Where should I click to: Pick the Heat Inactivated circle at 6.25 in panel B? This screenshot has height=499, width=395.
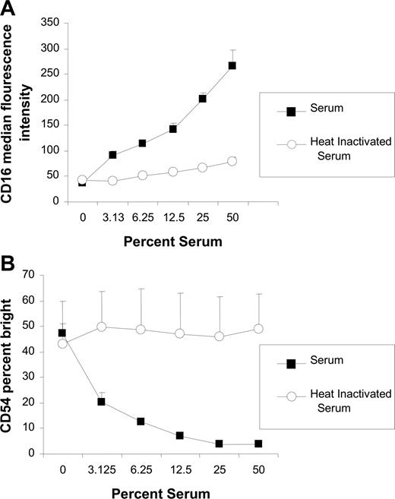click(140, 330)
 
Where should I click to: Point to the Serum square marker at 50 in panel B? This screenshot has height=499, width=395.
click(259, 444)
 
